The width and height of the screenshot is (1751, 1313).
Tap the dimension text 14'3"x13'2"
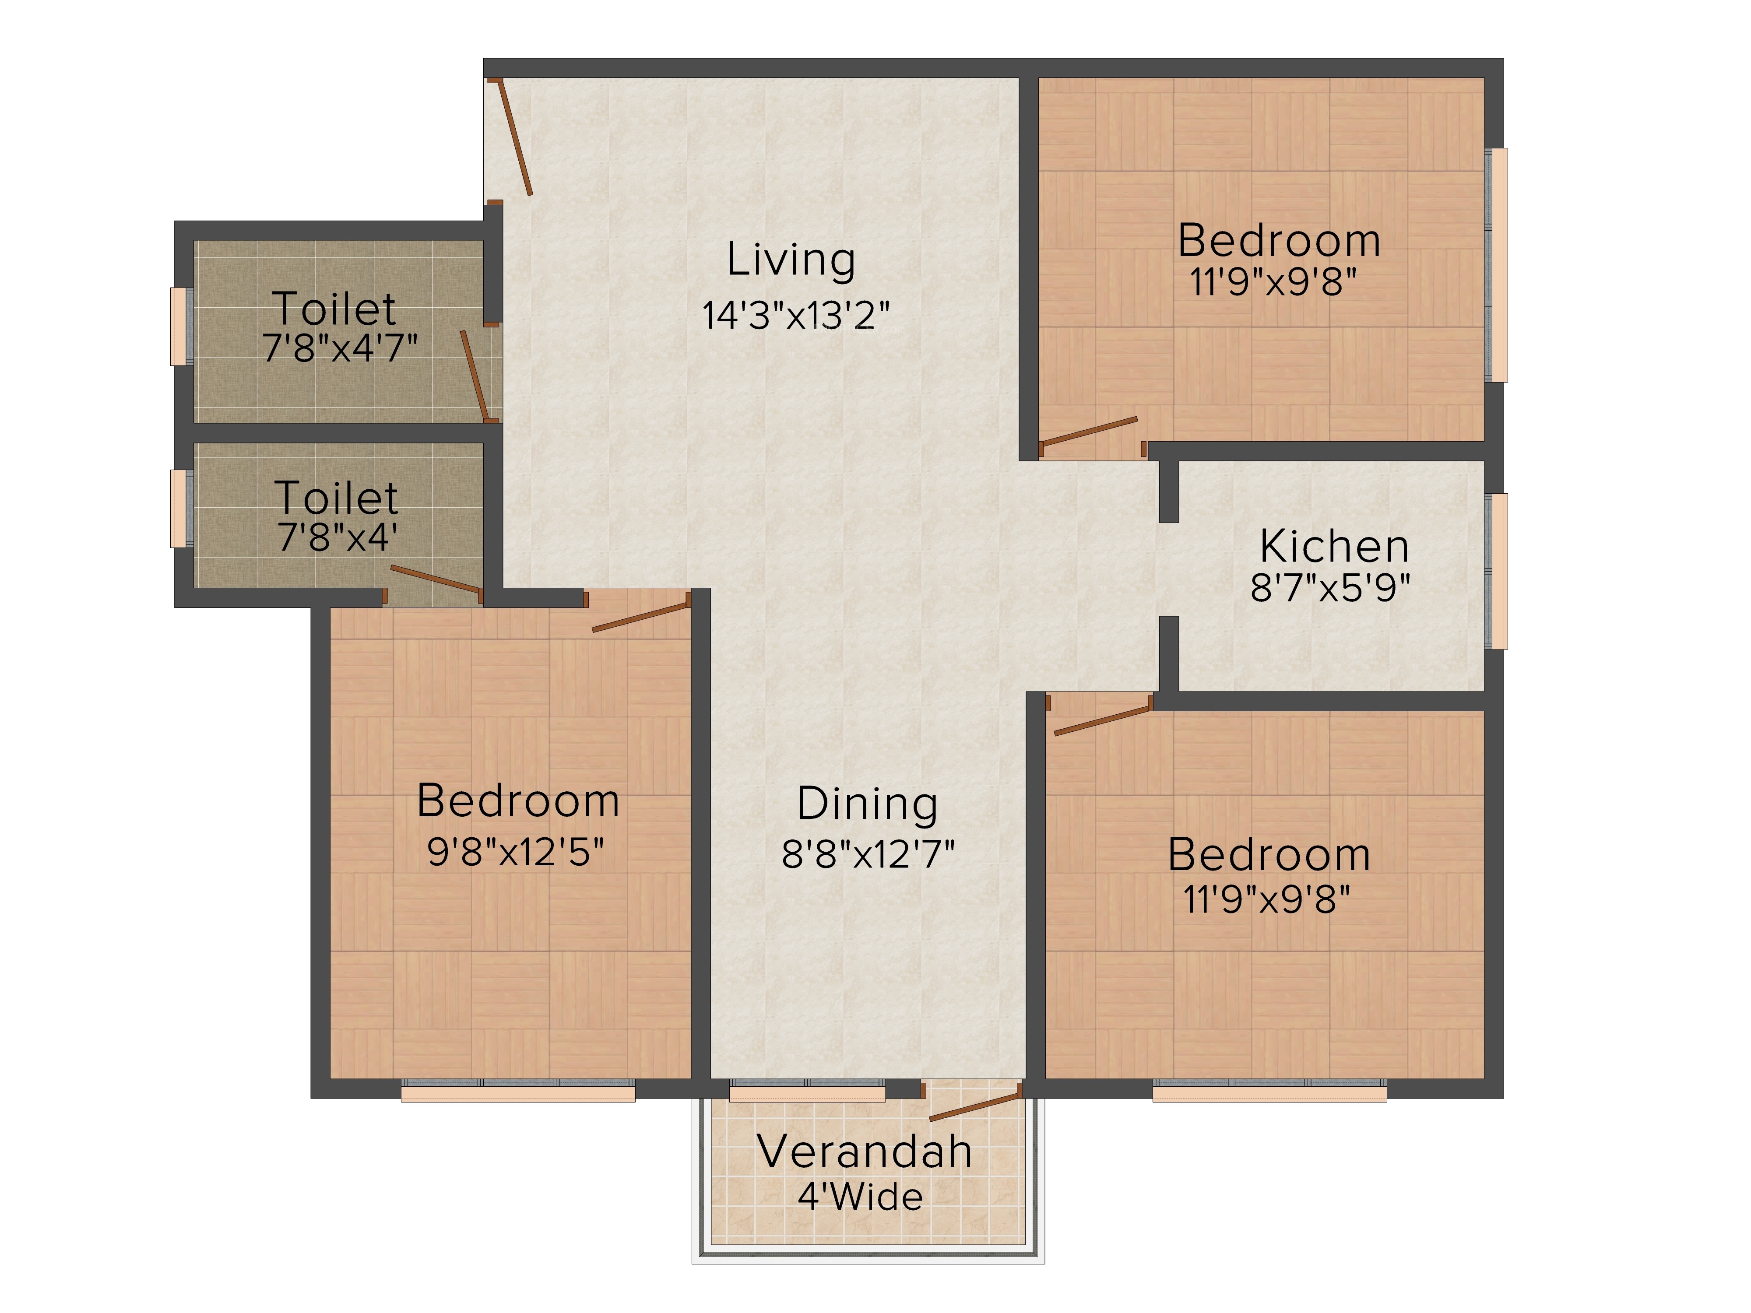point(795,315)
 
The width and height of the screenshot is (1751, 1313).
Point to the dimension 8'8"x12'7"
point(868,854)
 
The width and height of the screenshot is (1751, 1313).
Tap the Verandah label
point(865,1152)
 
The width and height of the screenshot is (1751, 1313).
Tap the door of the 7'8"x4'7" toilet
point(474,374)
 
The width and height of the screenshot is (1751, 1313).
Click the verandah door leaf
point(974,1106)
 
